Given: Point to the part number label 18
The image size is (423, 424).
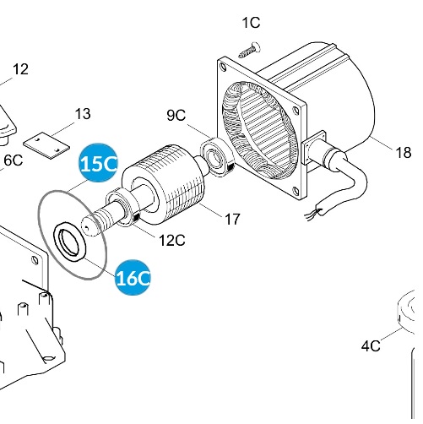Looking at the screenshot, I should pos(403,153).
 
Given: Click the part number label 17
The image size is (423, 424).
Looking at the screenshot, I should pos(232,219).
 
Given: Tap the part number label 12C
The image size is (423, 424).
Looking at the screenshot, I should pos(171,240).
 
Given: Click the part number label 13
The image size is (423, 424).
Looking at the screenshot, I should pos(83,113).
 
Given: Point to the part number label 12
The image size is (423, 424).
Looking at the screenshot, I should pos(20,69).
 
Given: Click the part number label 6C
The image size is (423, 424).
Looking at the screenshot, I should pos(12,160).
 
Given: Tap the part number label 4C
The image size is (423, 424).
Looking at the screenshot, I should pos(371,345).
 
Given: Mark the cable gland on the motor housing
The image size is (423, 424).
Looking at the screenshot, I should pos(325,151).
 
